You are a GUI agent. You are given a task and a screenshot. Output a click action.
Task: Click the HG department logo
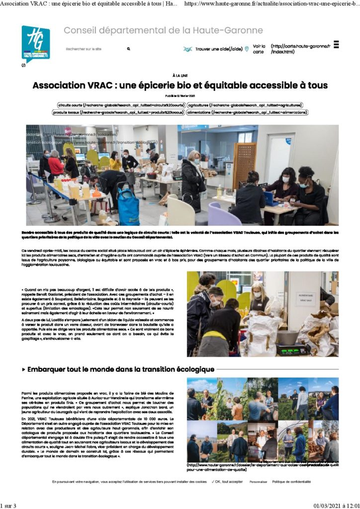pyautogui.click(x=35, y=44)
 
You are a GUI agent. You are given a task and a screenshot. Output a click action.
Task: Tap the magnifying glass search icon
pyautogui.click(x=128, y=49)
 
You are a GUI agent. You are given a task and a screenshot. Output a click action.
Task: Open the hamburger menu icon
pyautogui.click(x=336, y=44)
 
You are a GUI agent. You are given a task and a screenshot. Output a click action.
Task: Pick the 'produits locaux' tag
pyautogui.click(x=118, y=113)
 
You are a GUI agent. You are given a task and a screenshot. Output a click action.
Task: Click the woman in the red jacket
pyautogui.click(x=55, y=166)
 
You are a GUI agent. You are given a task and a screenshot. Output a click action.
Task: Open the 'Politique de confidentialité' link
pyautogui.click(x=291, y=482)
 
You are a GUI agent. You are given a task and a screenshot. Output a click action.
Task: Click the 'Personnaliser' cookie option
pyautogui.click(x=258, y=482)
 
